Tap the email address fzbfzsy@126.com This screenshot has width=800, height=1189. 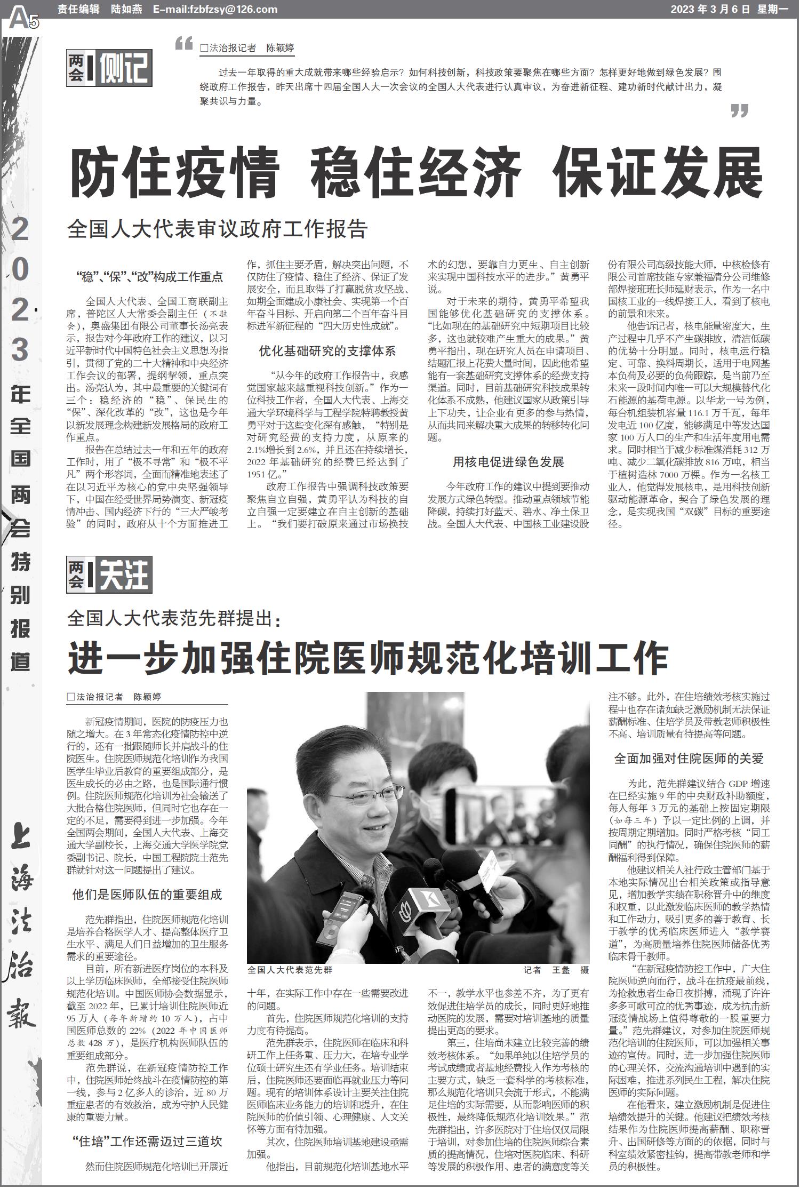[x=215, y=9]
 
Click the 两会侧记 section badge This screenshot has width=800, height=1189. [x=109, y=68]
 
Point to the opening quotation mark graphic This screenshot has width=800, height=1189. [x=184, y=44]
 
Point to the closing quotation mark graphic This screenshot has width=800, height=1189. [x=739, y=110]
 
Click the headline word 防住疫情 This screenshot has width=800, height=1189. [x=175, y=172]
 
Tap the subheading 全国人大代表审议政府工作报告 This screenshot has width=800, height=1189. [x=218, y=229]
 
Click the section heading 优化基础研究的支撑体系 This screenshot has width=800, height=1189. [x=327, y=351]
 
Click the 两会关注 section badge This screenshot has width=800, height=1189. [x=109, y=574]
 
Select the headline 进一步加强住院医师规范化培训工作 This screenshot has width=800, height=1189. [x=368, y=659]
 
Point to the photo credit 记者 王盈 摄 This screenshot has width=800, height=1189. [x=556, y=969]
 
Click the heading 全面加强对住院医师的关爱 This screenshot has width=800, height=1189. [x=689, y=758]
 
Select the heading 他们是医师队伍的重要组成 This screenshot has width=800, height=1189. [x=147, y=895]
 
